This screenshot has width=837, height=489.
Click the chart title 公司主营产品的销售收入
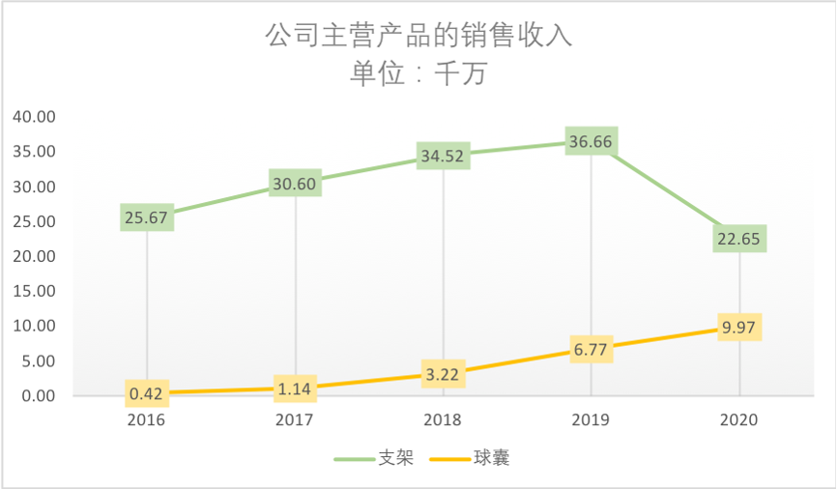418,36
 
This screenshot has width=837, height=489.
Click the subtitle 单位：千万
418,73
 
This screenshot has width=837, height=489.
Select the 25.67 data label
147,217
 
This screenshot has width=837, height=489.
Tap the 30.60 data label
296,183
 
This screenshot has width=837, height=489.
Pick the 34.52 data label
444,155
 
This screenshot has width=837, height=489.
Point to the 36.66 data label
592,142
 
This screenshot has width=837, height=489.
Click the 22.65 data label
739,238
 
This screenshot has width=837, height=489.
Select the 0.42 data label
147,393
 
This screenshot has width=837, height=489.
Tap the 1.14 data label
296,388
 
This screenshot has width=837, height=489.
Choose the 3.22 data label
444,373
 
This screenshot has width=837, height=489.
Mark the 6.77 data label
592,349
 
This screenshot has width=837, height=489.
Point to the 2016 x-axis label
147,420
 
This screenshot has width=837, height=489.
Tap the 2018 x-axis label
444,420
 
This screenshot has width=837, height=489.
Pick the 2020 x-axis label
739,420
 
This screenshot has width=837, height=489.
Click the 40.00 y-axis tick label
35,117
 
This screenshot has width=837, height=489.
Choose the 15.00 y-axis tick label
35,291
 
